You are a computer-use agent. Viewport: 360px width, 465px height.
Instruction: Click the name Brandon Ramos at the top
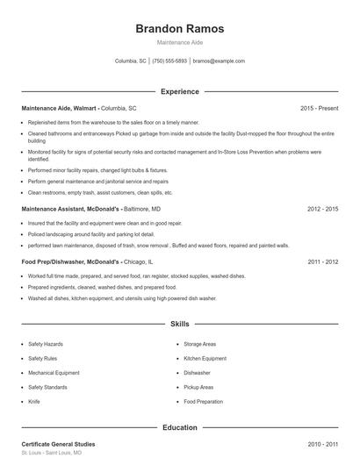coord(180,29)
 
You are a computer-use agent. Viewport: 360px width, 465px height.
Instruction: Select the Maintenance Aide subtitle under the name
coord(180,43)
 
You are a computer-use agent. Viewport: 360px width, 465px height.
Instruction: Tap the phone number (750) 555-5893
coord(169,61)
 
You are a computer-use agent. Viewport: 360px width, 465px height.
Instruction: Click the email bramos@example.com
coord(219,61)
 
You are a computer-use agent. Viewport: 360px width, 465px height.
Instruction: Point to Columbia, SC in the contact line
coord(131,61)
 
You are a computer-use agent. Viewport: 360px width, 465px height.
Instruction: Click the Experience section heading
coord(180,91)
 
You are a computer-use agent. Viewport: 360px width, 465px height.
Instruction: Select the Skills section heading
coord(180,324)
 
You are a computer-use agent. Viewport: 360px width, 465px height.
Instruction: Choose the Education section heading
coord(180,427)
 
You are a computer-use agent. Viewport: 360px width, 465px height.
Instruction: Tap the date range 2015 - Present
coord(319,108)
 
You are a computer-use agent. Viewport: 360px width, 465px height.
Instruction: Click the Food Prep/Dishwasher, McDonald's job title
coord(70,261)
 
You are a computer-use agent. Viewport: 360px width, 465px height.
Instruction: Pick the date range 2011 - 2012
coord(322,261)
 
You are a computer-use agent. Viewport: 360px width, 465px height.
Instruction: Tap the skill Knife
coord(34,401)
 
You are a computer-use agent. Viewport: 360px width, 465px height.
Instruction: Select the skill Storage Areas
coord(199,344)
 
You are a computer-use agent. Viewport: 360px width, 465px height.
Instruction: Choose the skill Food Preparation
coord(204,401)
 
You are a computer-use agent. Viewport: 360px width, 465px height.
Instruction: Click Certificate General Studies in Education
coord(58,444)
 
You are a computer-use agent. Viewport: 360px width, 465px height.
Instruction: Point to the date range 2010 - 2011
coord(322,444)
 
